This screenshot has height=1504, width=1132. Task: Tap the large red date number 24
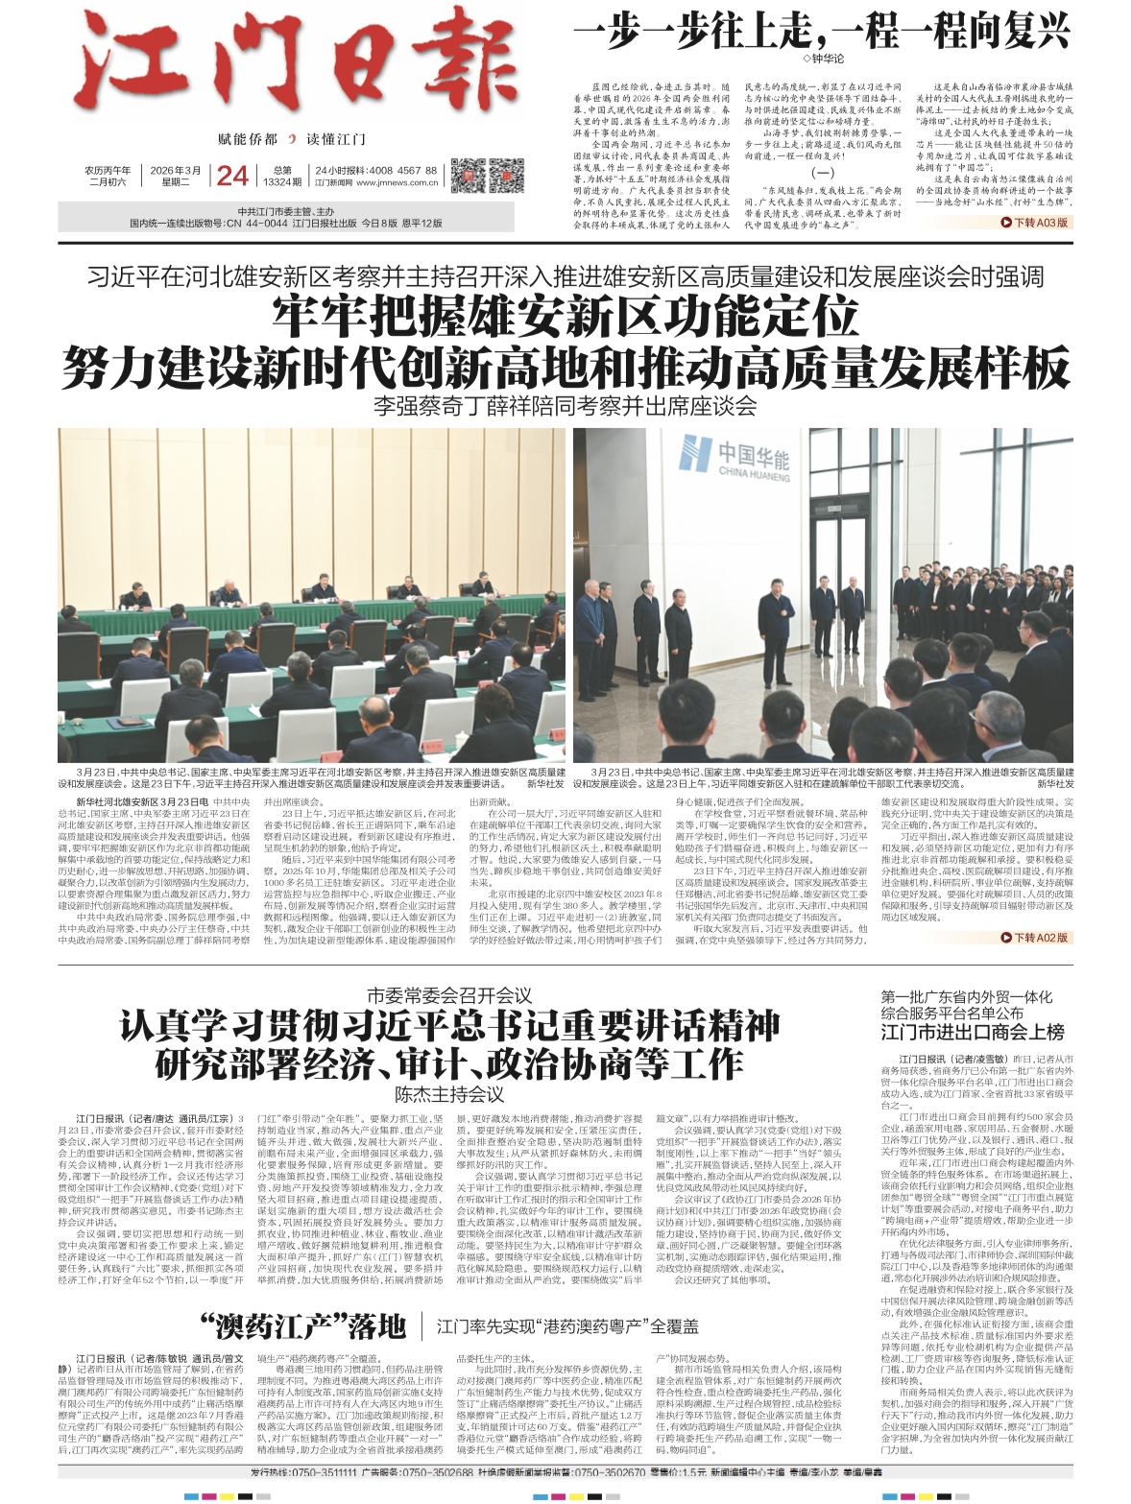pos(231,175)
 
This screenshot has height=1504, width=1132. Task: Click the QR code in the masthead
pos(471,173)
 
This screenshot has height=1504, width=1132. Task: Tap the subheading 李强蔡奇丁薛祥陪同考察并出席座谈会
pos(566,406)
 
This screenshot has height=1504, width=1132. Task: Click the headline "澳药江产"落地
pos(303,1327)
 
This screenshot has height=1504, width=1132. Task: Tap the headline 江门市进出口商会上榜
pos(973,1033)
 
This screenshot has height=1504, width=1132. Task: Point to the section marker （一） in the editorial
pos(824,173)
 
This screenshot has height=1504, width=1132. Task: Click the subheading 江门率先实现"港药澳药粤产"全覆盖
pos(567,1328)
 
